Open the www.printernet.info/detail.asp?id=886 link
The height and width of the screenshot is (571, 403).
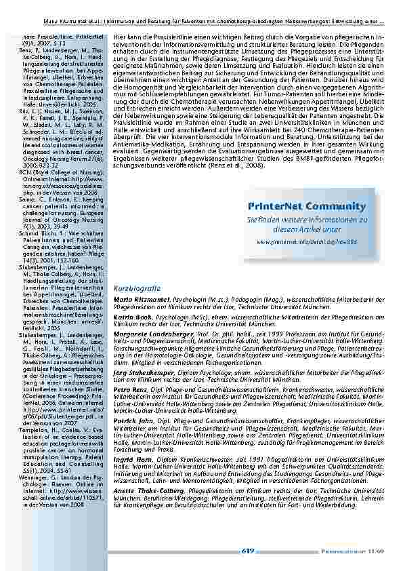coord(307,241)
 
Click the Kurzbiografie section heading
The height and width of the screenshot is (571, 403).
coord(138,288)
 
